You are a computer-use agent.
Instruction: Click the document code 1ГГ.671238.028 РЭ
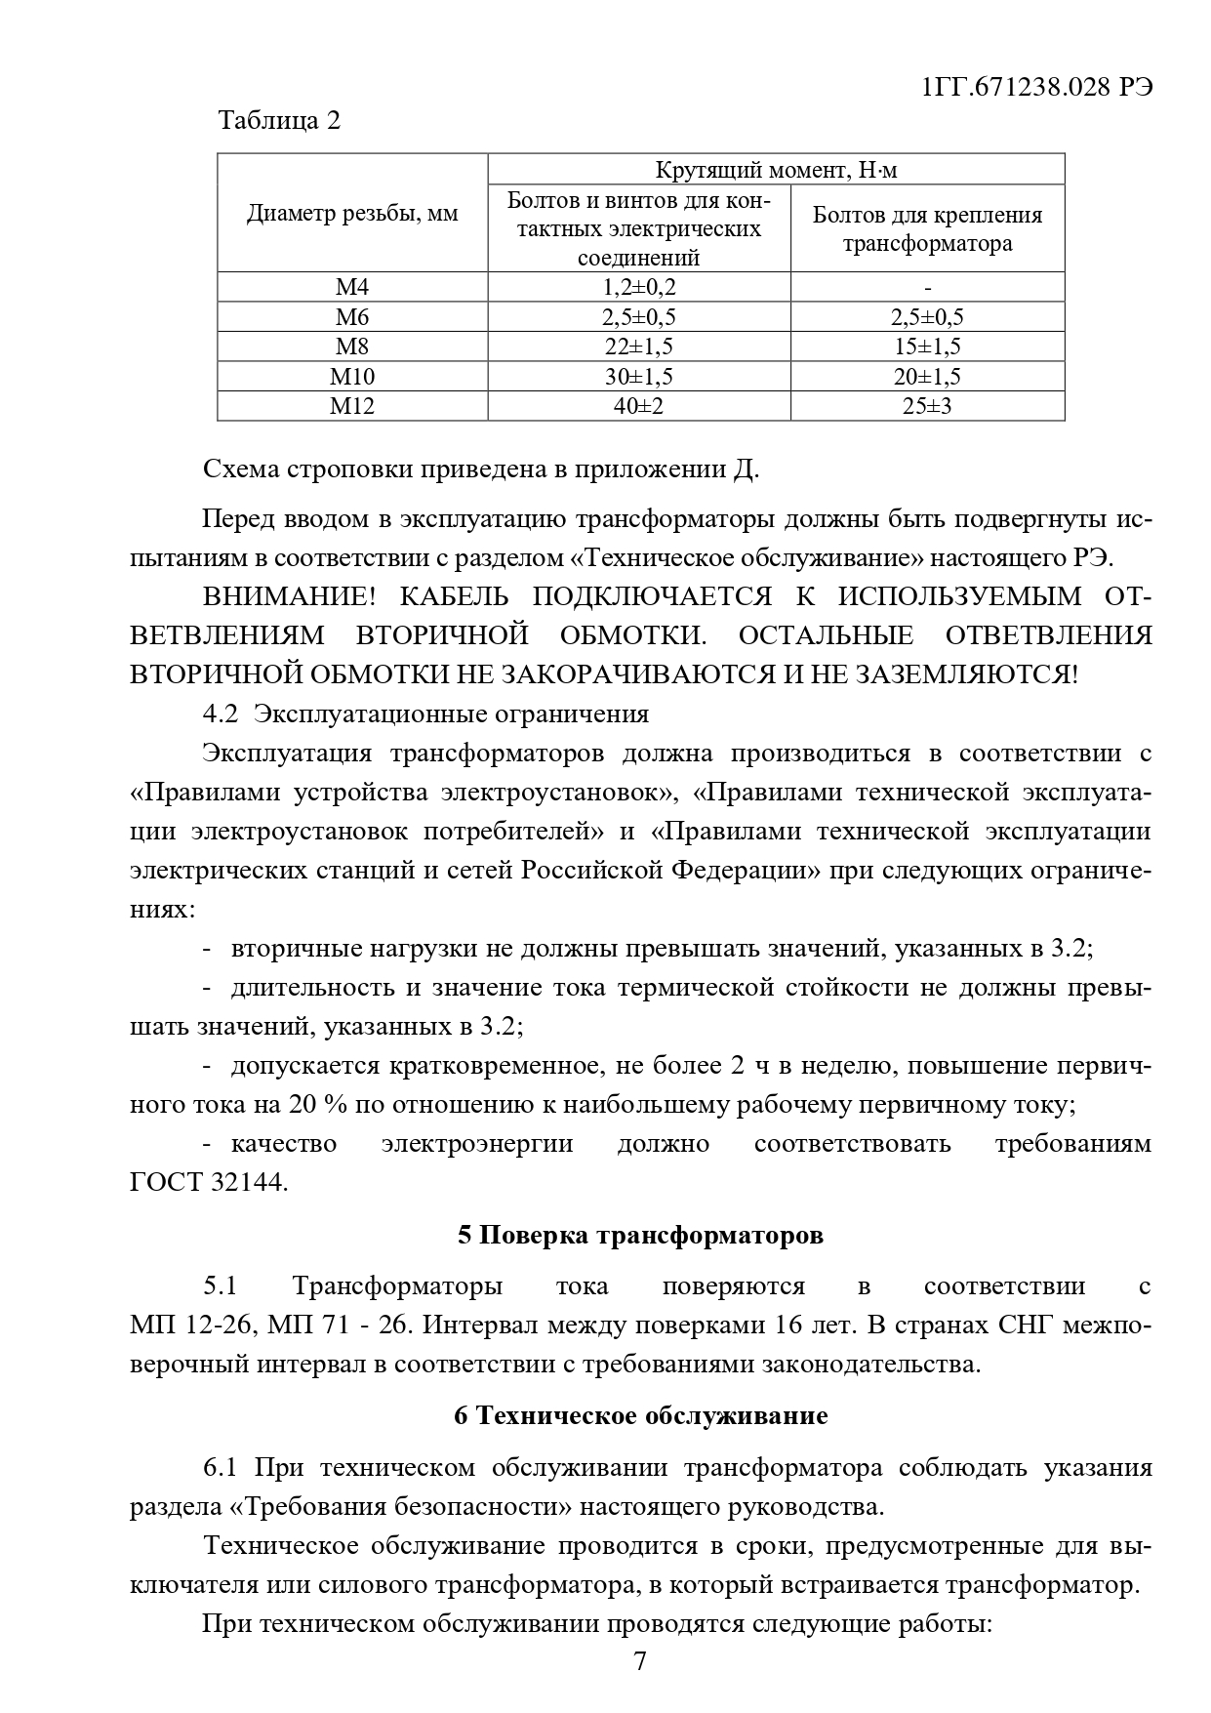click(1036, 87)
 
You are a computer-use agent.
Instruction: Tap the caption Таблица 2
click(279, 121)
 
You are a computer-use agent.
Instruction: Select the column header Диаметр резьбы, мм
click(352, 213)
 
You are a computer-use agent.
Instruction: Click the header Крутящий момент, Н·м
click(776, 170)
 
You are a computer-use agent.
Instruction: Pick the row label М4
click(352, 287)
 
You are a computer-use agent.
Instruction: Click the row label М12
click(352, 406)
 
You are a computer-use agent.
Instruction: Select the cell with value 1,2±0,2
click(639, 287)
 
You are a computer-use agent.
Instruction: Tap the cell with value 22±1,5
click(639, 347)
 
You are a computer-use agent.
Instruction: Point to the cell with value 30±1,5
click(639, 377)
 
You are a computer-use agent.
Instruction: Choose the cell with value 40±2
click(639, 406)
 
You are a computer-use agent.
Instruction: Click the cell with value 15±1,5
click(927, 347)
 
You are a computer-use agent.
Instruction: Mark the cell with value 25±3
click(927, 406)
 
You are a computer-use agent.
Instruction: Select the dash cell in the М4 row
click(927, 288)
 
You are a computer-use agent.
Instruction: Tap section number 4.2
click(221, 714)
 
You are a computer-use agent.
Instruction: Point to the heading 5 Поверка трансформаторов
click(640, 1235)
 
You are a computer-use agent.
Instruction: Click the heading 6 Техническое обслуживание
click(640, 1415)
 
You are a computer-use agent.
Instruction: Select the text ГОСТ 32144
click(209, 1182)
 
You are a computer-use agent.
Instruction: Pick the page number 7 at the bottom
click(640, 1661)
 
